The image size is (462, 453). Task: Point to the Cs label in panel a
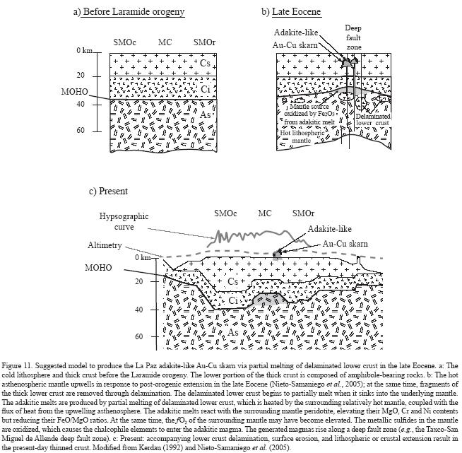[x=205, y=64]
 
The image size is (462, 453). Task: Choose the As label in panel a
[x=204, y=115]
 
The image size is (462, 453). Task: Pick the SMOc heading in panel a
[x=125, y=42]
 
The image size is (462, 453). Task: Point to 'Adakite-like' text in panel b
[x=299, y=34]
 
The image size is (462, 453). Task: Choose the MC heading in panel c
[x=264, y=212]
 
